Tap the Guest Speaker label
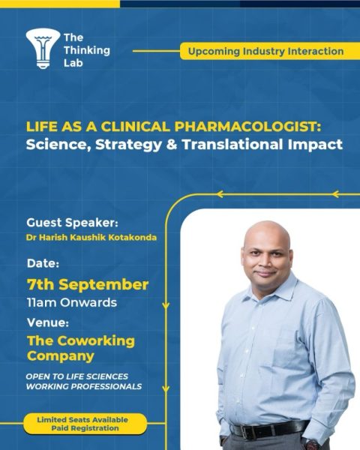72,223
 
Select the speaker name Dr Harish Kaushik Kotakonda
88,238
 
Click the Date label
43,264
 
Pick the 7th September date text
87,285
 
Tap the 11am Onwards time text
71,303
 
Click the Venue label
48,323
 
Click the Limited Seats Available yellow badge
82,424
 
